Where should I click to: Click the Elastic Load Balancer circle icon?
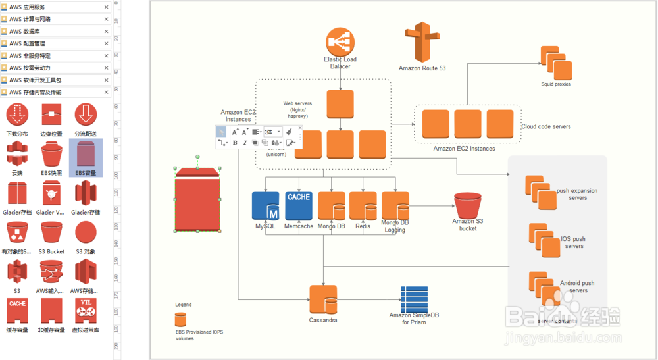[340, 42]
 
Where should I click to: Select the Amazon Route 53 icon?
[422, 42]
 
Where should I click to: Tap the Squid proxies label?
[556, 84]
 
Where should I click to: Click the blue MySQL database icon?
[266, 205]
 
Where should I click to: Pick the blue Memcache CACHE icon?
[299, 205]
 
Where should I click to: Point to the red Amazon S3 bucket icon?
[468, 206]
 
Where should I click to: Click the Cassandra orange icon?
[323, 300]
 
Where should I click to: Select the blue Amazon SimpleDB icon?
[415, 299]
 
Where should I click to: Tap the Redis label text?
[363, 226]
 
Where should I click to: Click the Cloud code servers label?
[545, 126]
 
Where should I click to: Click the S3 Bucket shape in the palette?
[51, 233]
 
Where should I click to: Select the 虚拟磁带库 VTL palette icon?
[86, 311]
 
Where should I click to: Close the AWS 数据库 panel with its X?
[107, 31]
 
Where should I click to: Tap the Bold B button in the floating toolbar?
[235, 142]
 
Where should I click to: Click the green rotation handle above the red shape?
[197, 157]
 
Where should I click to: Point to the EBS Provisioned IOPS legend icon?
[180, 319]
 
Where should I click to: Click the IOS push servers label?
[574, 243]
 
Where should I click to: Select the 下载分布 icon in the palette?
[18, 116]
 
